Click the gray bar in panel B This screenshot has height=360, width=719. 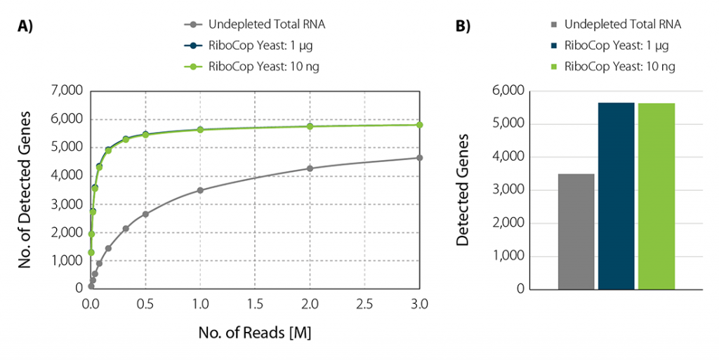coord(576,232)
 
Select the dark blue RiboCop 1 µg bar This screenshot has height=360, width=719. coord(616,196)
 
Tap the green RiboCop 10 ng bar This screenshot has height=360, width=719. coord(656,196)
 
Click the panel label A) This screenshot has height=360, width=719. coord(26,27)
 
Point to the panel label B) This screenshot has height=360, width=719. coord(463,27)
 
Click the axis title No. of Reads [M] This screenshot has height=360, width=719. coord(255,332)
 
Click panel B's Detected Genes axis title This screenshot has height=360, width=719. coord(463,189)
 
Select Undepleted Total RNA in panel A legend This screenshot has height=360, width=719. coord(266,25)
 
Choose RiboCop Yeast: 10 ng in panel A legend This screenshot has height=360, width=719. coord(266,67)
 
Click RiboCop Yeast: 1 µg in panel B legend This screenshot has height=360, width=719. coord(616,46)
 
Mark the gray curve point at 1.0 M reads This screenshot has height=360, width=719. coord(200,190)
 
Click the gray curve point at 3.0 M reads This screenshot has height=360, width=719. coord(419,158)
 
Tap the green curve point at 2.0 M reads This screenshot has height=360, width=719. coord(310,126)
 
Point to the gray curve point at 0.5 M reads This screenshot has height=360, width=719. coord(145,214)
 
